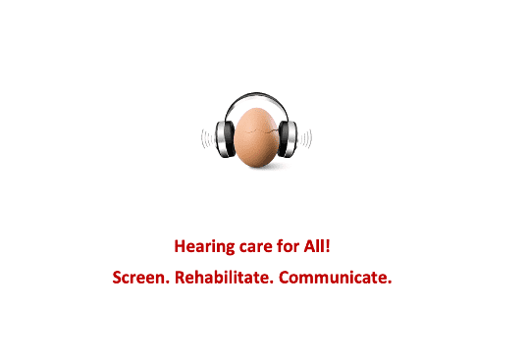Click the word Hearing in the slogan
coord(204,246)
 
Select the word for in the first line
coord(288,246)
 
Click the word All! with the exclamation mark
coord(317,246)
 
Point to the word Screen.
coord(140,278)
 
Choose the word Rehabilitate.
coord(224,278)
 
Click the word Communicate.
coord(336,278)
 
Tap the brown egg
coord(256,137)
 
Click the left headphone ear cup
coord(226,139)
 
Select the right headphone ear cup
coord(288,139)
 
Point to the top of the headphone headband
coord(256,94)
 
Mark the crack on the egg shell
coord(260,130)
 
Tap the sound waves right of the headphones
coord(305,139)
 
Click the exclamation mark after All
coord(328,246)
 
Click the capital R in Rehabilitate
coord(180,278)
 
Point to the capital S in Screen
coord(117,278)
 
